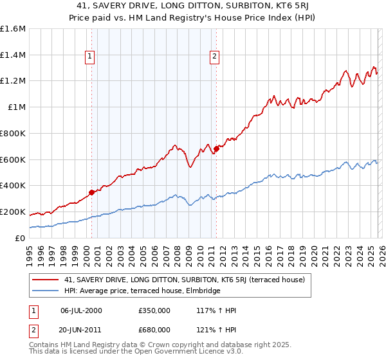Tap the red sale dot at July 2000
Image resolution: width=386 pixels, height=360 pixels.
pos(91,192)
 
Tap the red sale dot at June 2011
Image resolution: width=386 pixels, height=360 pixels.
pos(216,148)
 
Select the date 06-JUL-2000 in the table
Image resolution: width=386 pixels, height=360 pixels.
pos(81,310)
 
